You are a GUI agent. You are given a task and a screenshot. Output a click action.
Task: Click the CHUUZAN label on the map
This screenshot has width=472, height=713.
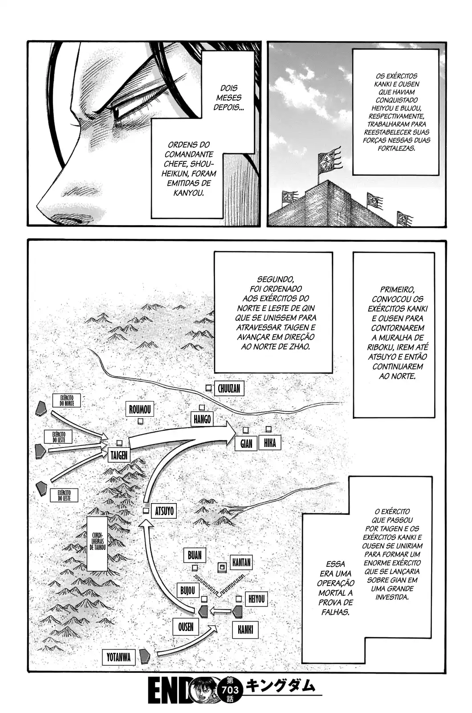pos(229,389)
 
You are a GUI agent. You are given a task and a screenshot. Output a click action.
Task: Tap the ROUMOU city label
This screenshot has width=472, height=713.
pos(140,410)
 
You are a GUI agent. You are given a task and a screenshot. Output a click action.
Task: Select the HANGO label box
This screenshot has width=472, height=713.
pos(202,419)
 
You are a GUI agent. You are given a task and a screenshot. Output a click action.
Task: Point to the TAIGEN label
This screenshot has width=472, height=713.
pos(118,455)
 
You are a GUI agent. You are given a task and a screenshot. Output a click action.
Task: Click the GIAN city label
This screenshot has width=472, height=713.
pos(246,444)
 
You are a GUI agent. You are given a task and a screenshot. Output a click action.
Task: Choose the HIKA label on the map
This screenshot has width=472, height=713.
pos(269,443)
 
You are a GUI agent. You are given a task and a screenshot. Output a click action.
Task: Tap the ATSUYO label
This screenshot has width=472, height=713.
pos(164,511)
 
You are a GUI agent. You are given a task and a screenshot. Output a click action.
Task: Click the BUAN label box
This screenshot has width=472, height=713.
pos(195,555)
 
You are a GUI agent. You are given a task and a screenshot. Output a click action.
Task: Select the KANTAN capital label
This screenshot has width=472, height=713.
pos(241,562)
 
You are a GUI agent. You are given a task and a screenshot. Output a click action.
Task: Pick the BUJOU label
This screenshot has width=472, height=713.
pos(187,590)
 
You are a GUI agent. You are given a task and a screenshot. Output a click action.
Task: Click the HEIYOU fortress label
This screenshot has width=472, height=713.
pos(256,599)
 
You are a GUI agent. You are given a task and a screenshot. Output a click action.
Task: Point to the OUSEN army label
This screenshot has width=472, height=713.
pos(186,627)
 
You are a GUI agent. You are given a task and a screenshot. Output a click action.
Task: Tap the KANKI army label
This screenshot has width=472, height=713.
pos(245,629)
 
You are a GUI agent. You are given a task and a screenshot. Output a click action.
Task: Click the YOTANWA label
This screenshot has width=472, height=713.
pos(119,657)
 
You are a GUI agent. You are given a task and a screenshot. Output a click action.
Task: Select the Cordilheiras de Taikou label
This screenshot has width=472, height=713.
pos(98,544)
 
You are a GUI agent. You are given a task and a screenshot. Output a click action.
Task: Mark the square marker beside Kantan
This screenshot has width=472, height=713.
pos(222,567)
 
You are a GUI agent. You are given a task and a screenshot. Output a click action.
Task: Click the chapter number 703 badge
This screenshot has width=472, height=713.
pos(230,690)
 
